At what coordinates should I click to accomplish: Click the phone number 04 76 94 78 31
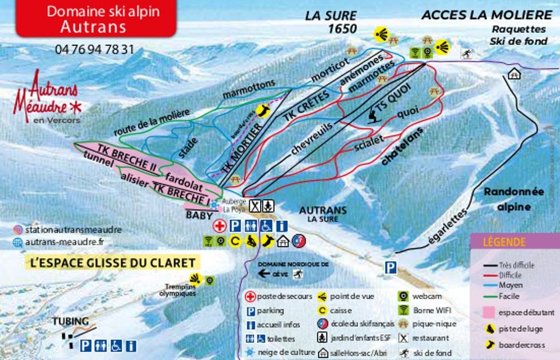click(94, 49)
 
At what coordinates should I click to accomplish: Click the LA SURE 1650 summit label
click(331, 22)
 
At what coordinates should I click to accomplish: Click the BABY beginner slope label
click(199, 215)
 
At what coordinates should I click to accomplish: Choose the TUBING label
click(70, 322)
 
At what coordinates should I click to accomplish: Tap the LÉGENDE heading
click(504, 242)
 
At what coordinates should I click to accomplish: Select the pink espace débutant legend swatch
click(489, 313)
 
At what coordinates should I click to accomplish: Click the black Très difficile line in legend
click(490, 265)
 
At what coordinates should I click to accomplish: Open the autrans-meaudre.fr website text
click(65, 242)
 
